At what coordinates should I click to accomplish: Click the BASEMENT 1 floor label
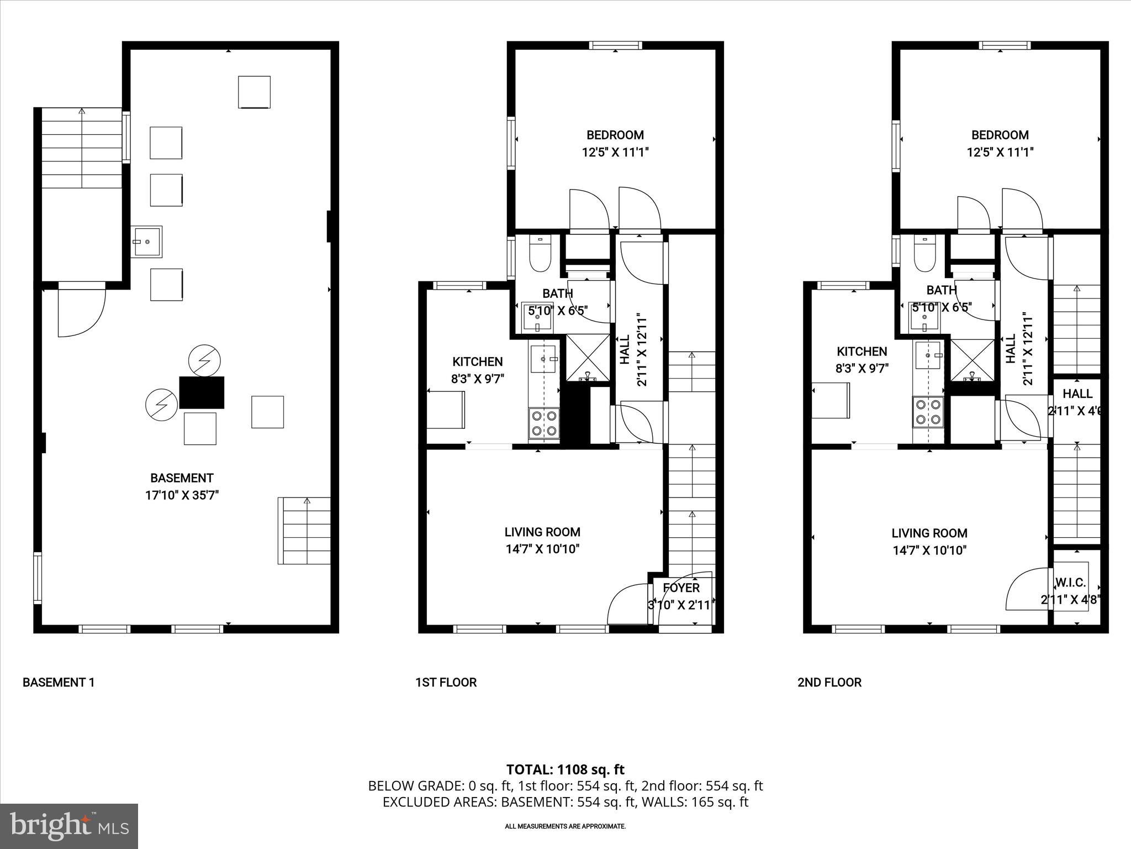coord(59,682)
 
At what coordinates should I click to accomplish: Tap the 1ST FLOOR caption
coord(446,682)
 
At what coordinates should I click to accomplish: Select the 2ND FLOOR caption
coord(829,682)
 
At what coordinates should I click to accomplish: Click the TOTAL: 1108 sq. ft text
coord(565,769)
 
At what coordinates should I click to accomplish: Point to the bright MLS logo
coord(69,826)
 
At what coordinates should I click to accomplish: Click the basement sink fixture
coord(146,242)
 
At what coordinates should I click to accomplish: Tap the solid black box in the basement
coord(202,392)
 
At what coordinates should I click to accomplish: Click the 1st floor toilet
coord(539,254)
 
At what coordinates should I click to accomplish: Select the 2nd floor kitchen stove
coord(928,412)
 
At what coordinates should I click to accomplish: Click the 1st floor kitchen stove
coord(544,423)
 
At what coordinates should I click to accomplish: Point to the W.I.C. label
coord(1070,583)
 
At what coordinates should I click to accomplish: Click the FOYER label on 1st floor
coord(681,588)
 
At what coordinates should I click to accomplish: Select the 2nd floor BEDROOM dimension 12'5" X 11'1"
coord(1000,152)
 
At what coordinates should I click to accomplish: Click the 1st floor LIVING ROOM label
coord(542,532)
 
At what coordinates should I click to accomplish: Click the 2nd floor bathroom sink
coord(924,318)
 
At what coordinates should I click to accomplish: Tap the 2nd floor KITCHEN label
coord(862,351)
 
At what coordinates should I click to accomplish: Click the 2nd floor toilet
coord(923,254)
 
